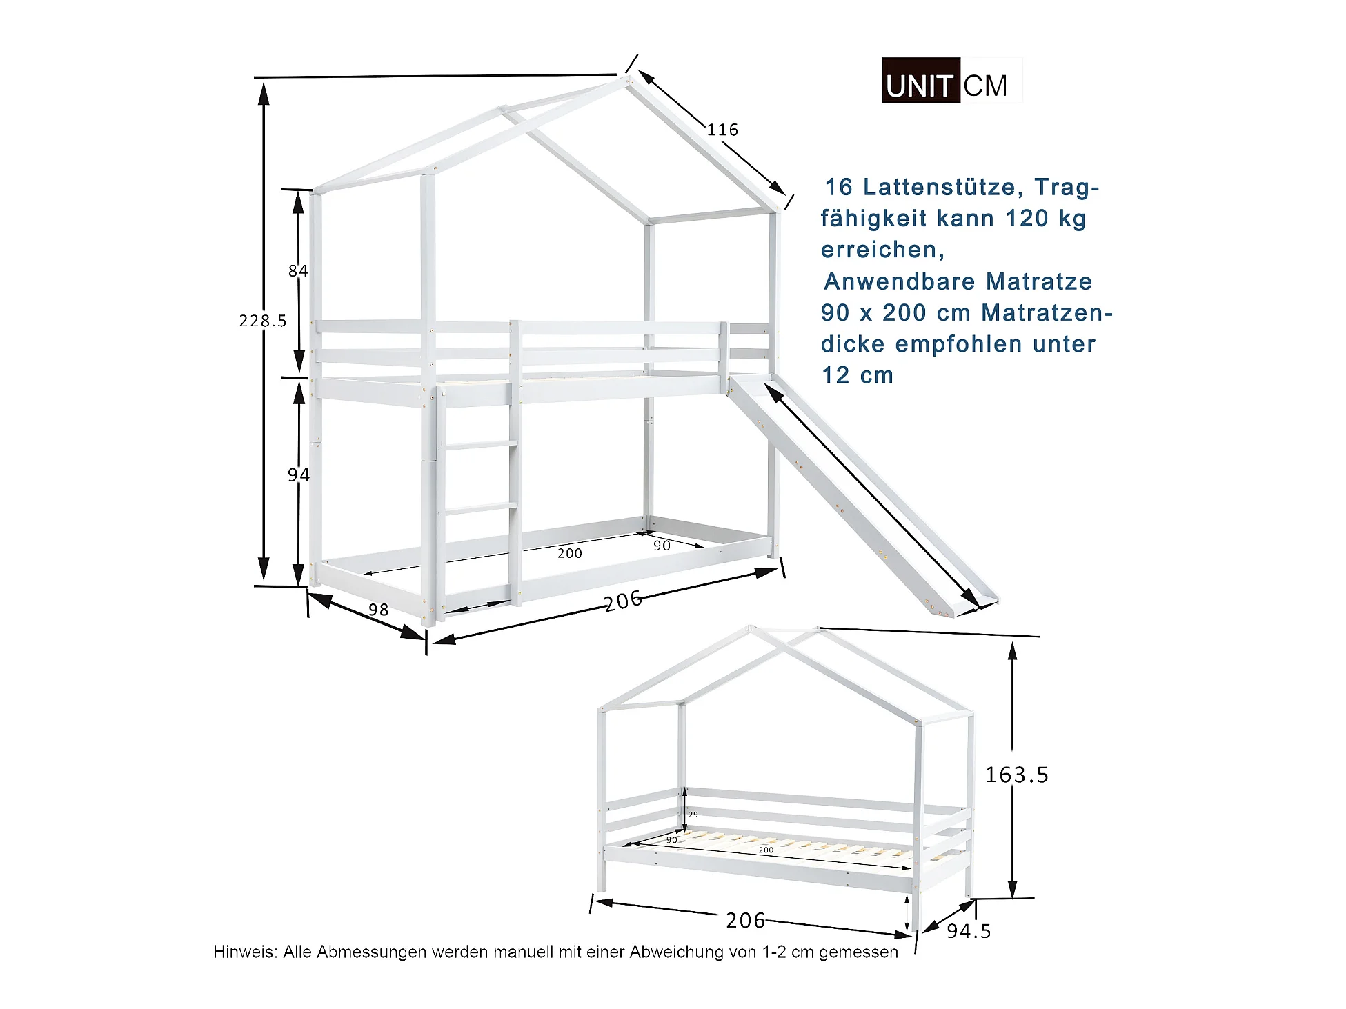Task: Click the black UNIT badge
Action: (x=920, y=81)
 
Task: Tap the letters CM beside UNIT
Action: (x=985, y=86)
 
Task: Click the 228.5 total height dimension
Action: (x=263, y=321)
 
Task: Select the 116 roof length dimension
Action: (x=722, y=130)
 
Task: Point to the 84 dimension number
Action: (x=298, y=271)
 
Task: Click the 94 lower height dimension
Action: (x=299, y=474)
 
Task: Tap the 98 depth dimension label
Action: (x=378, y=610)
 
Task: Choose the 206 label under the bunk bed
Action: (x=623, y=601)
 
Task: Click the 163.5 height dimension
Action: (x=1016, y=775)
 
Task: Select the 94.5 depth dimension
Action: (x=969, y=931)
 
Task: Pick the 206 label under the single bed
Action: (x=745, y=920)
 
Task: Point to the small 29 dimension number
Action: (x=693, y=815)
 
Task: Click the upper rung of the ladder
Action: (x=481, y=446)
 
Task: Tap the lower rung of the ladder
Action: (x=481, y=508)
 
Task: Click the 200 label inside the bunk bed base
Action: (x=570, y=553)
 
